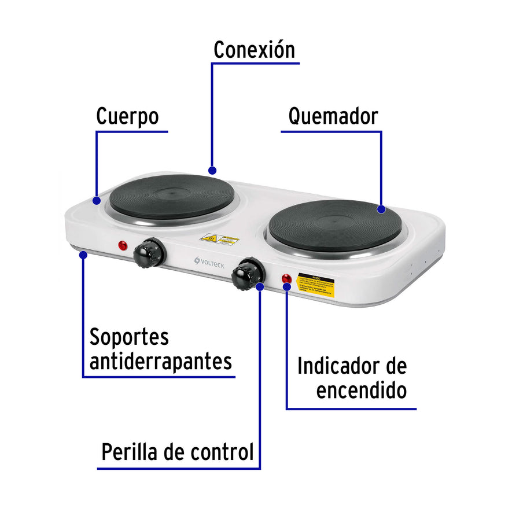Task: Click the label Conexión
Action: tap(254, 50)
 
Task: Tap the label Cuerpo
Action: tap(127, 116)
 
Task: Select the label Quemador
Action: tap(333, 116)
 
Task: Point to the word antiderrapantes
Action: tap(161, 362)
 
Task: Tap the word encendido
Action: tap(361, 391)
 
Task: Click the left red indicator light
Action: tap(123, 245)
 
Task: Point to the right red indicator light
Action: tap(286, 278)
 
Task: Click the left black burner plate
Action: tap(172, 197)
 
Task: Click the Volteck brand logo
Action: tap(209, 263)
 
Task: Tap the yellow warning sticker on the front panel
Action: tap(315, 285)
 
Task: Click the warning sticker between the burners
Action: tap(219, 239)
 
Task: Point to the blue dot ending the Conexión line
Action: tap(212, 171)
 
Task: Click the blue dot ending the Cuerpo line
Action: tap(97, 200)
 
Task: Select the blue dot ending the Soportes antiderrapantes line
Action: tap(83, 253)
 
